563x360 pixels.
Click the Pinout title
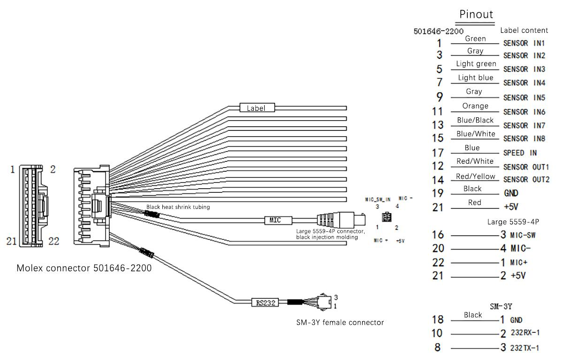pyautogui.click(x=476, y=14)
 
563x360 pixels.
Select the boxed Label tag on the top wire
pyautogui.click(x=257, y=108)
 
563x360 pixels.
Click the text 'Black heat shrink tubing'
pyautogui.click(x=178, y=207)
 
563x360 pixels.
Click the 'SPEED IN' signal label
pyautogui.click(x=520, y=153)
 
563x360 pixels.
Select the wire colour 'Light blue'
pyautogui.click(x=476, y=78)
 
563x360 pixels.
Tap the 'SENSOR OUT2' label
pyautogui.click(x=526, y=180)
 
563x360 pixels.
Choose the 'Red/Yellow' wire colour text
pyautogui.click(x=476, y=176)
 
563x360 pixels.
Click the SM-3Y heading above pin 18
pyautogui.click(x=500, y=306)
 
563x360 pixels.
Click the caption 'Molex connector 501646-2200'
pyautogui.click(x=84, y=268)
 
